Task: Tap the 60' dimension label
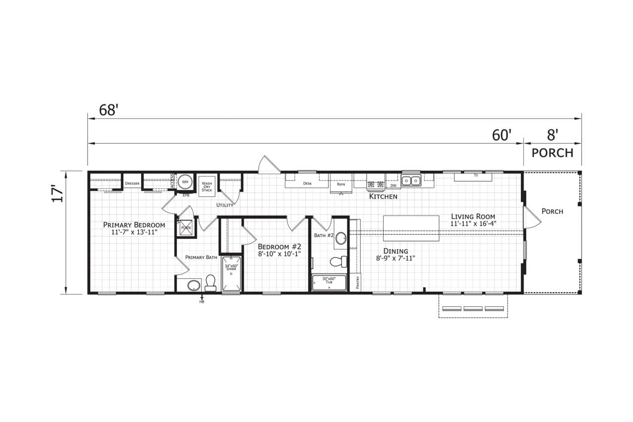click(x=501, y=135)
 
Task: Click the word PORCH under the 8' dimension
click(x=552, y=153)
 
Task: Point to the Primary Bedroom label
click(x=134, y=228)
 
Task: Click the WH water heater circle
click(x=185, y=182)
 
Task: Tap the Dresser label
click(x=132, y=183)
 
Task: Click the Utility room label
click(x=225, y=205)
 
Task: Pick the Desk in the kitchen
click(x=307, y=183)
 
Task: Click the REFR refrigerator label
click(x=341, y=184)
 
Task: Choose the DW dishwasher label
click(x=393, y=186)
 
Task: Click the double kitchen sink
click(x=410, y=181)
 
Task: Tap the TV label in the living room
click(x=476, y=175)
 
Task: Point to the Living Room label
click(x=473, y=220)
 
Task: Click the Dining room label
click(x=396, y=254)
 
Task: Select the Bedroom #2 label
click(x=279, y=250)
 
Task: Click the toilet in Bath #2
click(x=338, y=261)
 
